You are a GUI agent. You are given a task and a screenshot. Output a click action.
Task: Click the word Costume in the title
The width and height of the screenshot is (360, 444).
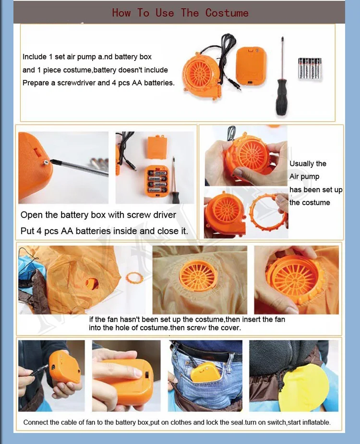click(x=227, y=13)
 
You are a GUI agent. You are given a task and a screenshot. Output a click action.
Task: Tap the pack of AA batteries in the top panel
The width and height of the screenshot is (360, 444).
click(x=310, y=68)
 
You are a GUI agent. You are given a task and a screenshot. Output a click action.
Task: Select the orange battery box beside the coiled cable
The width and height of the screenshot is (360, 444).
click(x=252, y=67)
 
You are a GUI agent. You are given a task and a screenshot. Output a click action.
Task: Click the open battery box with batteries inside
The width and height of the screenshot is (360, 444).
click(x=157, y=181)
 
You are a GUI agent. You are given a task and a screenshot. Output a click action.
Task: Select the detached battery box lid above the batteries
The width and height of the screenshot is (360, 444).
click(x=157, y=148)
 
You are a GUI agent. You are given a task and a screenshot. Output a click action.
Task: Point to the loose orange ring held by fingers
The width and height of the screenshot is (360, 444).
click(x=268, y=211)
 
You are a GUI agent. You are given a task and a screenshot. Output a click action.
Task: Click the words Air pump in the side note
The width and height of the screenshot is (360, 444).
click(x=304, y=177)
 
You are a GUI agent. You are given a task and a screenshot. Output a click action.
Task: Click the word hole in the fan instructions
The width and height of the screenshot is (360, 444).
click(x=122, y=328)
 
